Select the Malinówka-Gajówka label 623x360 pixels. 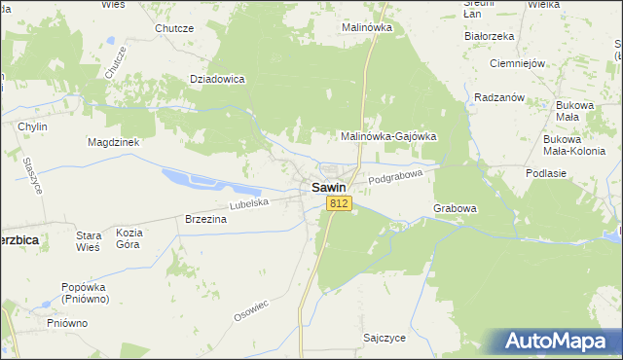[387, 136]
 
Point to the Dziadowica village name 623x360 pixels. [216, 79]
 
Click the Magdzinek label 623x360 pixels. [116, 141]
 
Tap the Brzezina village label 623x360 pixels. [205, 220]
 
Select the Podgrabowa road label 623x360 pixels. [399, 176]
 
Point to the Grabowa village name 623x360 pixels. [455, 208]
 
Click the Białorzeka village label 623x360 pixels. [489, 36]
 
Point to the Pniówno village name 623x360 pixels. [67, 322]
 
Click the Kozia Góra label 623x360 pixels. [129, 239]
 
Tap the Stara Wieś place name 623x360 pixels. [89, 240]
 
